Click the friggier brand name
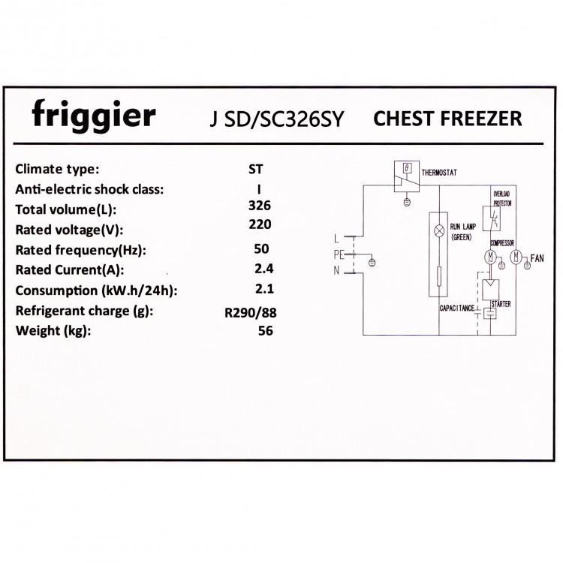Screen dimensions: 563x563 tap(94, 116)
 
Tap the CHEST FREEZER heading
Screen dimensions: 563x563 tap(447, 119)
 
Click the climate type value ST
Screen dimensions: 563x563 tap(256, 170)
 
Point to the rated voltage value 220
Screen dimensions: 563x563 tap(260, 224)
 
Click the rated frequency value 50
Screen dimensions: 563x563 tap(261, 248)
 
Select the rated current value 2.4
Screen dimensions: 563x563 tap(263, 269)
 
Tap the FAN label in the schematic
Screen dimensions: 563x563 tap(537, 258)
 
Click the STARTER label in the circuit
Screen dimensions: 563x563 tap(501, 305)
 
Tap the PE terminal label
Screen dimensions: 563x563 tap(339, 255)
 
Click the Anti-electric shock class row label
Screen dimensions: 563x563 tap(89, 189)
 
